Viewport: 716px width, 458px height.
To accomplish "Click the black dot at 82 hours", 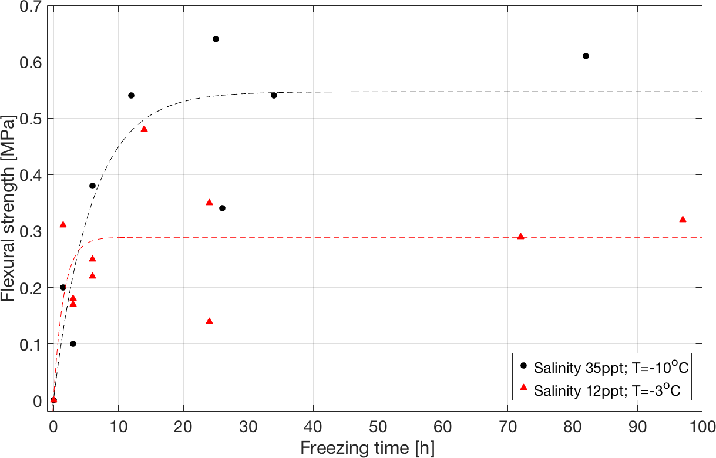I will [x=586, y=56].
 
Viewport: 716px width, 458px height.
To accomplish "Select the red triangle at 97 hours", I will [x=683, y=220].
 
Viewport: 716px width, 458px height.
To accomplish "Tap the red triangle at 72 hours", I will [x=520, y=237].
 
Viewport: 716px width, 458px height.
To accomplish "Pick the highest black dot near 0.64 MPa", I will [x=216, y=39].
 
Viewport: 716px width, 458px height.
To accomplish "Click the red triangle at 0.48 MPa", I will [x=144, y=129].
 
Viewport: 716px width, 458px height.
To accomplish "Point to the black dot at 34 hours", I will [x=274, y=95].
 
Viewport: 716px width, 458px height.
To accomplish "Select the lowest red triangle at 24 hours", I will [x=209, y=321].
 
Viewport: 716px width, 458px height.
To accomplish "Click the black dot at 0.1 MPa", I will [x=73, y=343].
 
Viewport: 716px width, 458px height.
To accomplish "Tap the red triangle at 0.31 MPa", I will [x=63, y=225].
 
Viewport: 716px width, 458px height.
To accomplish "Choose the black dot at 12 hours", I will [x=131, y=95].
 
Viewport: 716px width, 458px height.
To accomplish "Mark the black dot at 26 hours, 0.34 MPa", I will [x=222, y=208].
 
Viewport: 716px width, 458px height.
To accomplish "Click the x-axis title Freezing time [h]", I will [x=368, y=448].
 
